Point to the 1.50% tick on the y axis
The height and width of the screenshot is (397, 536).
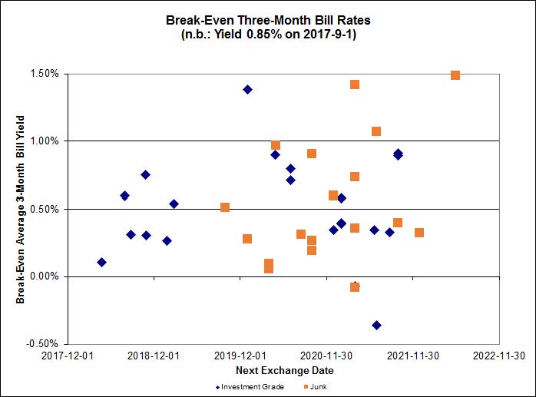tap(45, 74)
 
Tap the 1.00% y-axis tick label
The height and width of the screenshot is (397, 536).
tap(45, 141)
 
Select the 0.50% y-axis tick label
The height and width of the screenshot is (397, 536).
tap(45, 209)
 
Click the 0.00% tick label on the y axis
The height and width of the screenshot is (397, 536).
tap(45, 276)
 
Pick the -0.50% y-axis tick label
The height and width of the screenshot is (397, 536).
tap(43, 343)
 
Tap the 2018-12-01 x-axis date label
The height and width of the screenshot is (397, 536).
tap(154, 356)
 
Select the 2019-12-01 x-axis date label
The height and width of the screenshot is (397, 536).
tap(240, 356)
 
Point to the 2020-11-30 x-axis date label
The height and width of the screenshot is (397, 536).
tap(327, 356)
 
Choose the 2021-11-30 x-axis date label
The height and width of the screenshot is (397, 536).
tap(413, 356)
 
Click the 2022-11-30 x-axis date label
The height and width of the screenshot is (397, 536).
tap(500, 356)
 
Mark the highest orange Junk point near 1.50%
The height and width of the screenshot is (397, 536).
tap(455, 75)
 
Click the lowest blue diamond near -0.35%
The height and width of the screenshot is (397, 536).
tap(376, 325)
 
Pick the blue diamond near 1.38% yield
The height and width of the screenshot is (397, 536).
tap(247, 89)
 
